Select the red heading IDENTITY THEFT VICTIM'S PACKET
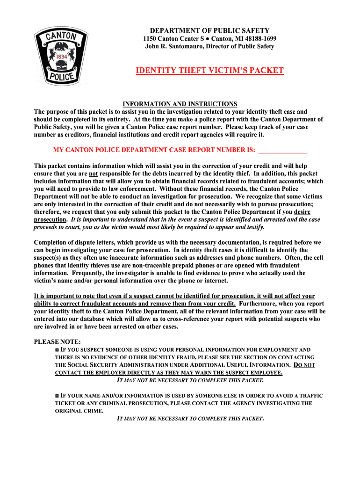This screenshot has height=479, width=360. tap(209, 71)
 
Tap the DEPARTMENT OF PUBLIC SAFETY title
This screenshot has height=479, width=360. tap(209, 30)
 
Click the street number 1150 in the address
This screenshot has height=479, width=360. tap(150, 38)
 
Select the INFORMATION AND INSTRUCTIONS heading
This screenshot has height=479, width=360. tap(180, 104)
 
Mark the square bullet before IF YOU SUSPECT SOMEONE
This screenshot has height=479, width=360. tap(57, 350)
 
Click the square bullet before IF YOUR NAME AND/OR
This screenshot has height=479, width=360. tap(57, 396)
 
